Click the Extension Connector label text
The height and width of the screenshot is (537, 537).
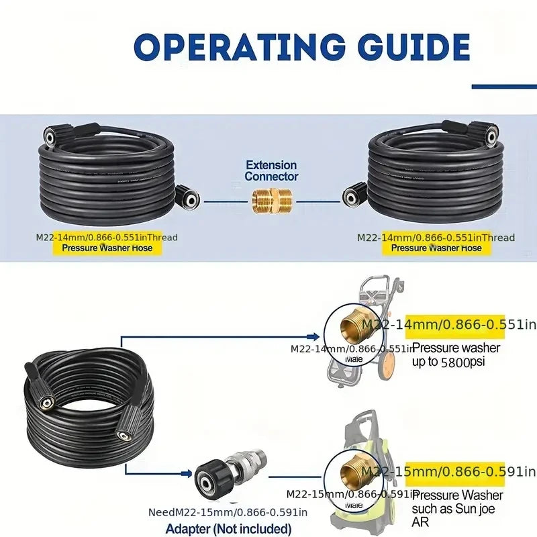[271, 170]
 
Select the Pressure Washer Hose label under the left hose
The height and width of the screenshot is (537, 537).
[107, 248]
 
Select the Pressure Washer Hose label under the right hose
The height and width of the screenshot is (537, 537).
[436, 248]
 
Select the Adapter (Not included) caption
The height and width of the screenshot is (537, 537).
[228, 529]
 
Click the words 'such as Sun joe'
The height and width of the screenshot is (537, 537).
[456, 509]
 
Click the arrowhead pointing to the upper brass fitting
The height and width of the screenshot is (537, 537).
[314, 336]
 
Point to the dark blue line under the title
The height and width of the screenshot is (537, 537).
[503, 86]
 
